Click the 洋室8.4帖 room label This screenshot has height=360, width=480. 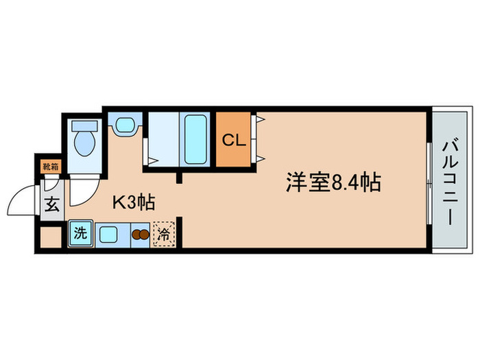click(x=333, y=183)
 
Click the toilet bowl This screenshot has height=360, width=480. click(x=84, y=145)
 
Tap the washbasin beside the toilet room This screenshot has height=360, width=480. click(x=124, y=125)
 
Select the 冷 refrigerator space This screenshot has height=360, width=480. click(x=163, y=234)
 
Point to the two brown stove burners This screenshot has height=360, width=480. click(x=139, y=234)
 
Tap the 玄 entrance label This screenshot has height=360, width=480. click(x=52, y=204)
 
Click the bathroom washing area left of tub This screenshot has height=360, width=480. click(x=163, y=138)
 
